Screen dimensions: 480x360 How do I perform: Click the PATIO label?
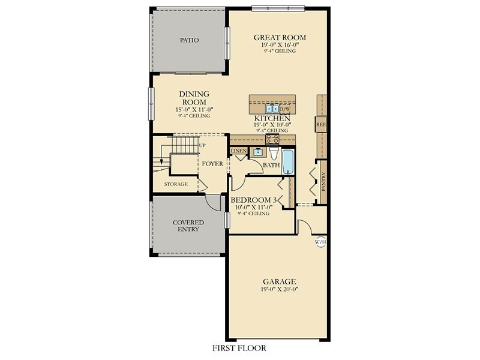tap(189, 40)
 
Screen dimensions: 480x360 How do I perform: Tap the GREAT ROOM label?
tap(280, 38)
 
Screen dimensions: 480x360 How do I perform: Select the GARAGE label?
tap(280, 281)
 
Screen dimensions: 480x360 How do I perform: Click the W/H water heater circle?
tap(321, 242)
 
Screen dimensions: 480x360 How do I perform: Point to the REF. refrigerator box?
tap(321, 125)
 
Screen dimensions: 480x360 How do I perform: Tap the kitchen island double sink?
tap(272, 109)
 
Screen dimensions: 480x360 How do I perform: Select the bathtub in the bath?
tap(287, 162)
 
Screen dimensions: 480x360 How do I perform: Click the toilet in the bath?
tap(274, 153)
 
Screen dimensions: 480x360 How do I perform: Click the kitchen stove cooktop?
tap(272, 139)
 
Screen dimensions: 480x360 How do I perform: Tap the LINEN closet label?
tap(239, 151)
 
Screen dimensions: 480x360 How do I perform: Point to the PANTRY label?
tap(323, 182)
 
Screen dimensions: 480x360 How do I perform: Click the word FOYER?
tap(212, 164)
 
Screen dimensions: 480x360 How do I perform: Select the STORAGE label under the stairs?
tap(176, 184)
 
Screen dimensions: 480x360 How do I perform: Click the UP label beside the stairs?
tap(202, 145)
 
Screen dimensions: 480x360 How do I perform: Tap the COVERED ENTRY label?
tap(188, 226)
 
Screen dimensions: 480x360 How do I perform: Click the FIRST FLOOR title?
tap(239, 348)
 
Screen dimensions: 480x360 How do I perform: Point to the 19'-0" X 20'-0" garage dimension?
tap(280, 289)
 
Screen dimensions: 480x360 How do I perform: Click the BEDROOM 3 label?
tap(254, 200)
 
